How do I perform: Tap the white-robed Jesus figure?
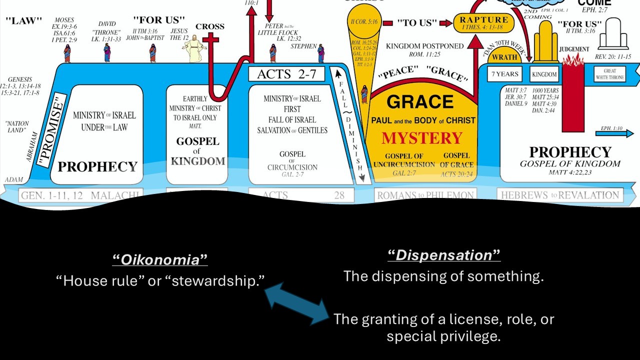click(194, 49)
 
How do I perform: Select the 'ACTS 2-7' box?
click(286, 74)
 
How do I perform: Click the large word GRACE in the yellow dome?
click(420, 101)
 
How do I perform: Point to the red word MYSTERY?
click(422, 138)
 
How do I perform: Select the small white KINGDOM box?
click(544, 74)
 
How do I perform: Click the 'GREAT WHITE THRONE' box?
click(609, 74)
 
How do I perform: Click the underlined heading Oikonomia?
click(159, 259)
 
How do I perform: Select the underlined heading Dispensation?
click(444, 255)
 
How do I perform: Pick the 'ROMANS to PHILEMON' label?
click(425, 195)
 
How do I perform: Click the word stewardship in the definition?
click(217, 280)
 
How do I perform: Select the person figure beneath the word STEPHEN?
click(320, 54)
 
